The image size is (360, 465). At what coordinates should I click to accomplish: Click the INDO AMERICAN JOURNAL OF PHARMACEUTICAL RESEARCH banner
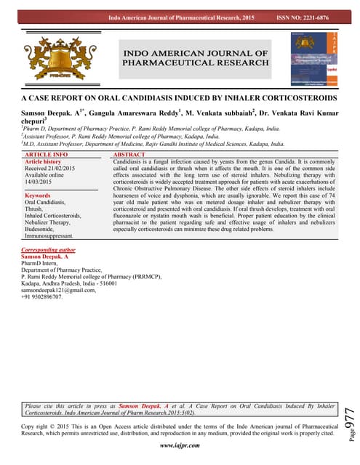(x=196, y=58)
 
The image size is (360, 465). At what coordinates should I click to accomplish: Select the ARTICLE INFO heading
(x=47, y=155)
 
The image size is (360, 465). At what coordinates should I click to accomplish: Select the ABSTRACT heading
(x=130, y=155)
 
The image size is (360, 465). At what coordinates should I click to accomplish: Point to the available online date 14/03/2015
(x=41, y=182)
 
